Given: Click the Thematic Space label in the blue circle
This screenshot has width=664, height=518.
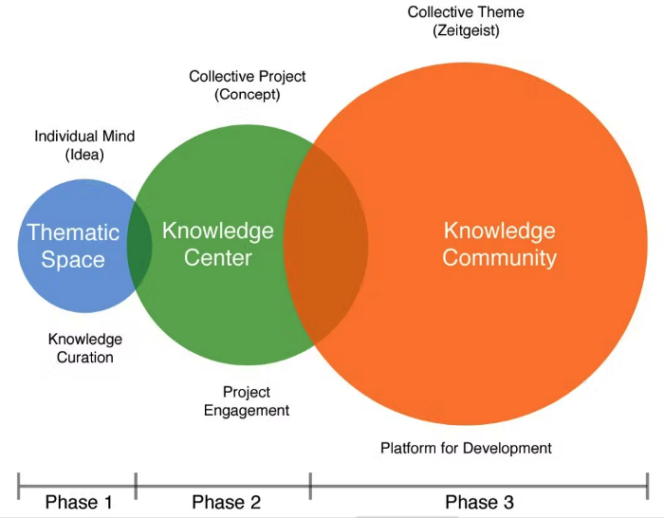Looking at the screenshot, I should tap(73, 245).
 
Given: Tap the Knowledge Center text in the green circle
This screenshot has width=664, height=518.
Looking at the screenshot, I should tap(218, 243).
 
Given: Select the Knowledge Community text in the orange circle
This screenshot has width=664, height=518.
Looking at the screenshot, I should tap(499, 243).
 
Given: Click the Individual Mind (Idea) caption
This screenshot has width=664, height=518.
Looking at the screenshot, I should tap(84, 144).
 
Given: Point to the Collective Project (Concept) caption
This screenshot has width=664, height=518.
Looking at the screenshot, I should tap(248, 84).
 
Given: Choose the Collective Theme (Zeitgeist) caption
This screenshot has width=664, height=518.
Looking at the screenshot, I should tap(466, 21).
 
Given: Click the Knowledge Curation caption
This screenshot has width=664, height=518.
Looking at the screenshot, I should tap(85, 348).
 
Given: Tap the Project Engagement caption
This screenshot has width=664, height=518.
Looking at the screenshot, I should tap(247, 400).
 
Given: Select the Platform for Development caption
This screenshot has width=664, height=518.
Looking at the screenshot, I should tap(466, 447).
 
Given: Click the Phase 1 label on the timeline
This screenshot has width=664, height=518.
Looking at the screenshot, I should tap(79, 502).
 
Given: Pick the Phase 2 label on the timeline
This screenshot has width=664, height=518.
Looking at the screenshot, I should tap(226, 502).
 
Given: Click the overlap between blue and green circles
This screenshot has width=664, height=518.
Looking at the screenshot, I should tap(139, 245).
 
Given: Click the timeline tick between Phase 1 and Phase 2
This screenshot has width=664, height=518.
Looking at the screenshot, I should tap(136, 484).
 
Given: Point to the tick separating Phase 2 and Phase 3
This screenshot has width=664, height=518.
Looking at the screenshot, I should tap(310, 484).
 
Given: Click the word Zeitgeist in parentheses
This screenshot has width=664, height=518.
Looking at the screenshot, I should tap(466, 30).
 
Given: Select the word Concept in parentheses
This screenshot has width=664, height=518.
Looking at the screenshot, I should tap(248, 94).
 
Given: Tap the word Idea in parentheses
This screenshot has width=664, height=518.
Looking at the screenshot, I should tap(84, 154).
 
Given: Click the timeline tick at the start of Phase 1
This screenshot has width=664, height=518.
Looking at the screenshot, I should tap(19, 484).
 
